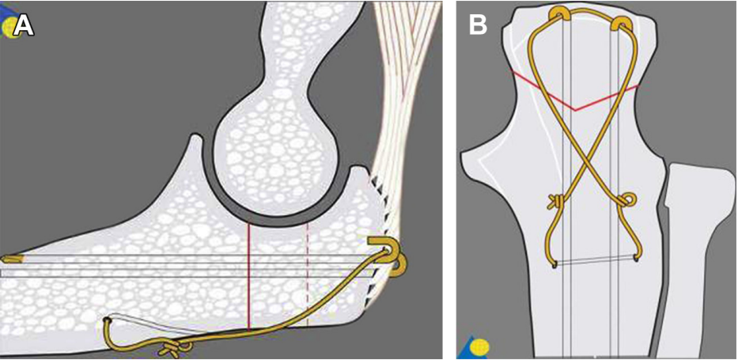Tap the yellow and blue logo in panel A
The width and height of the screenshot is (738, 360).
pyautogui.click(x=9, y=28)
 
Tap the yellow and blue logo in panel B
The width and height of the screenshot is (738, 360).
pyautogui.click(x=476, y=346)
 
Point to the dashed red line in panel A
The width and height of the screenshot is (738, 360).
pyautogui.click(x=307, y=269)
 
